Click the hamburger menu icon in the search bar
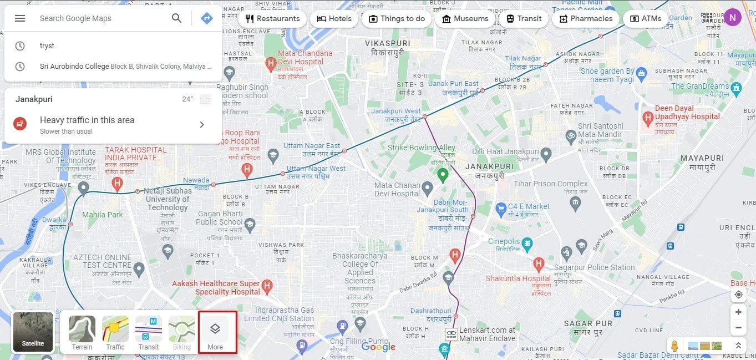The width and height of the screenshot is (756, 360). pyautogui.click(x=20, y=18)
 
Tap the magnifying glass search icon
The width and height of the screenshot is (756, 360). pyautogui.click(x=176, y=18)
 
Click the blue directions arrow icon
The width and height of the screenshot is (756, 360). pyautogui.click(x=207, y=18)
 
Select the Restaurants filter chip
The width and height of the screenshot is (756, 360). pyautogui.click(x=272, y=18)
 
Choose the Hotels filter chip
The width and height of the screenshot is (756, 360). pyautogui.click(x=334, y=18)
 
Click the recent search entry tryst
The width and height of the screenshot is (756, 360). pyautogui.click(x=47, y=46)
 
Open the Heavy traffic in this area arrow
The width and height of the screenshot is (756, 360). pyautogui.click(x=202, y=124)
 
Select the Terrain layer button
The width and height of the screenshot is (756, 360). pyautogui.click(x=82, y=333)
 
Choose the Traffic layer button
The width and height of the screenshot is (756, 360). pyautogui.click(x=115, y=333)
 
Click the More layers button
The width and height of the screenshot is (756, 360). pyautogui.click(x=215, y=333)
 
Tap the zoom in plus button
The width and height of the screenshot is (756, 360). pyautogui.click(x=738, y=312)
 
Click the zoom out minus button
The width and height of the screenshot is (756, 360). pyautogui.click(x=738, y=328)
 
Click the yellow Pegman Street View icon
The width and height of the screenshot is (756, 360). pyautogui.click(x=674, y=346)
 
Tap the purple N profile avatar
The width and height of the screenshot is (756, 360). pyautogui.click(x=733, y=18)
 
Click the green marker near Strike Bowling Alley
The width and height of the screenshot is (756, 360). pyautogui.click(x=443, y=175)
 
